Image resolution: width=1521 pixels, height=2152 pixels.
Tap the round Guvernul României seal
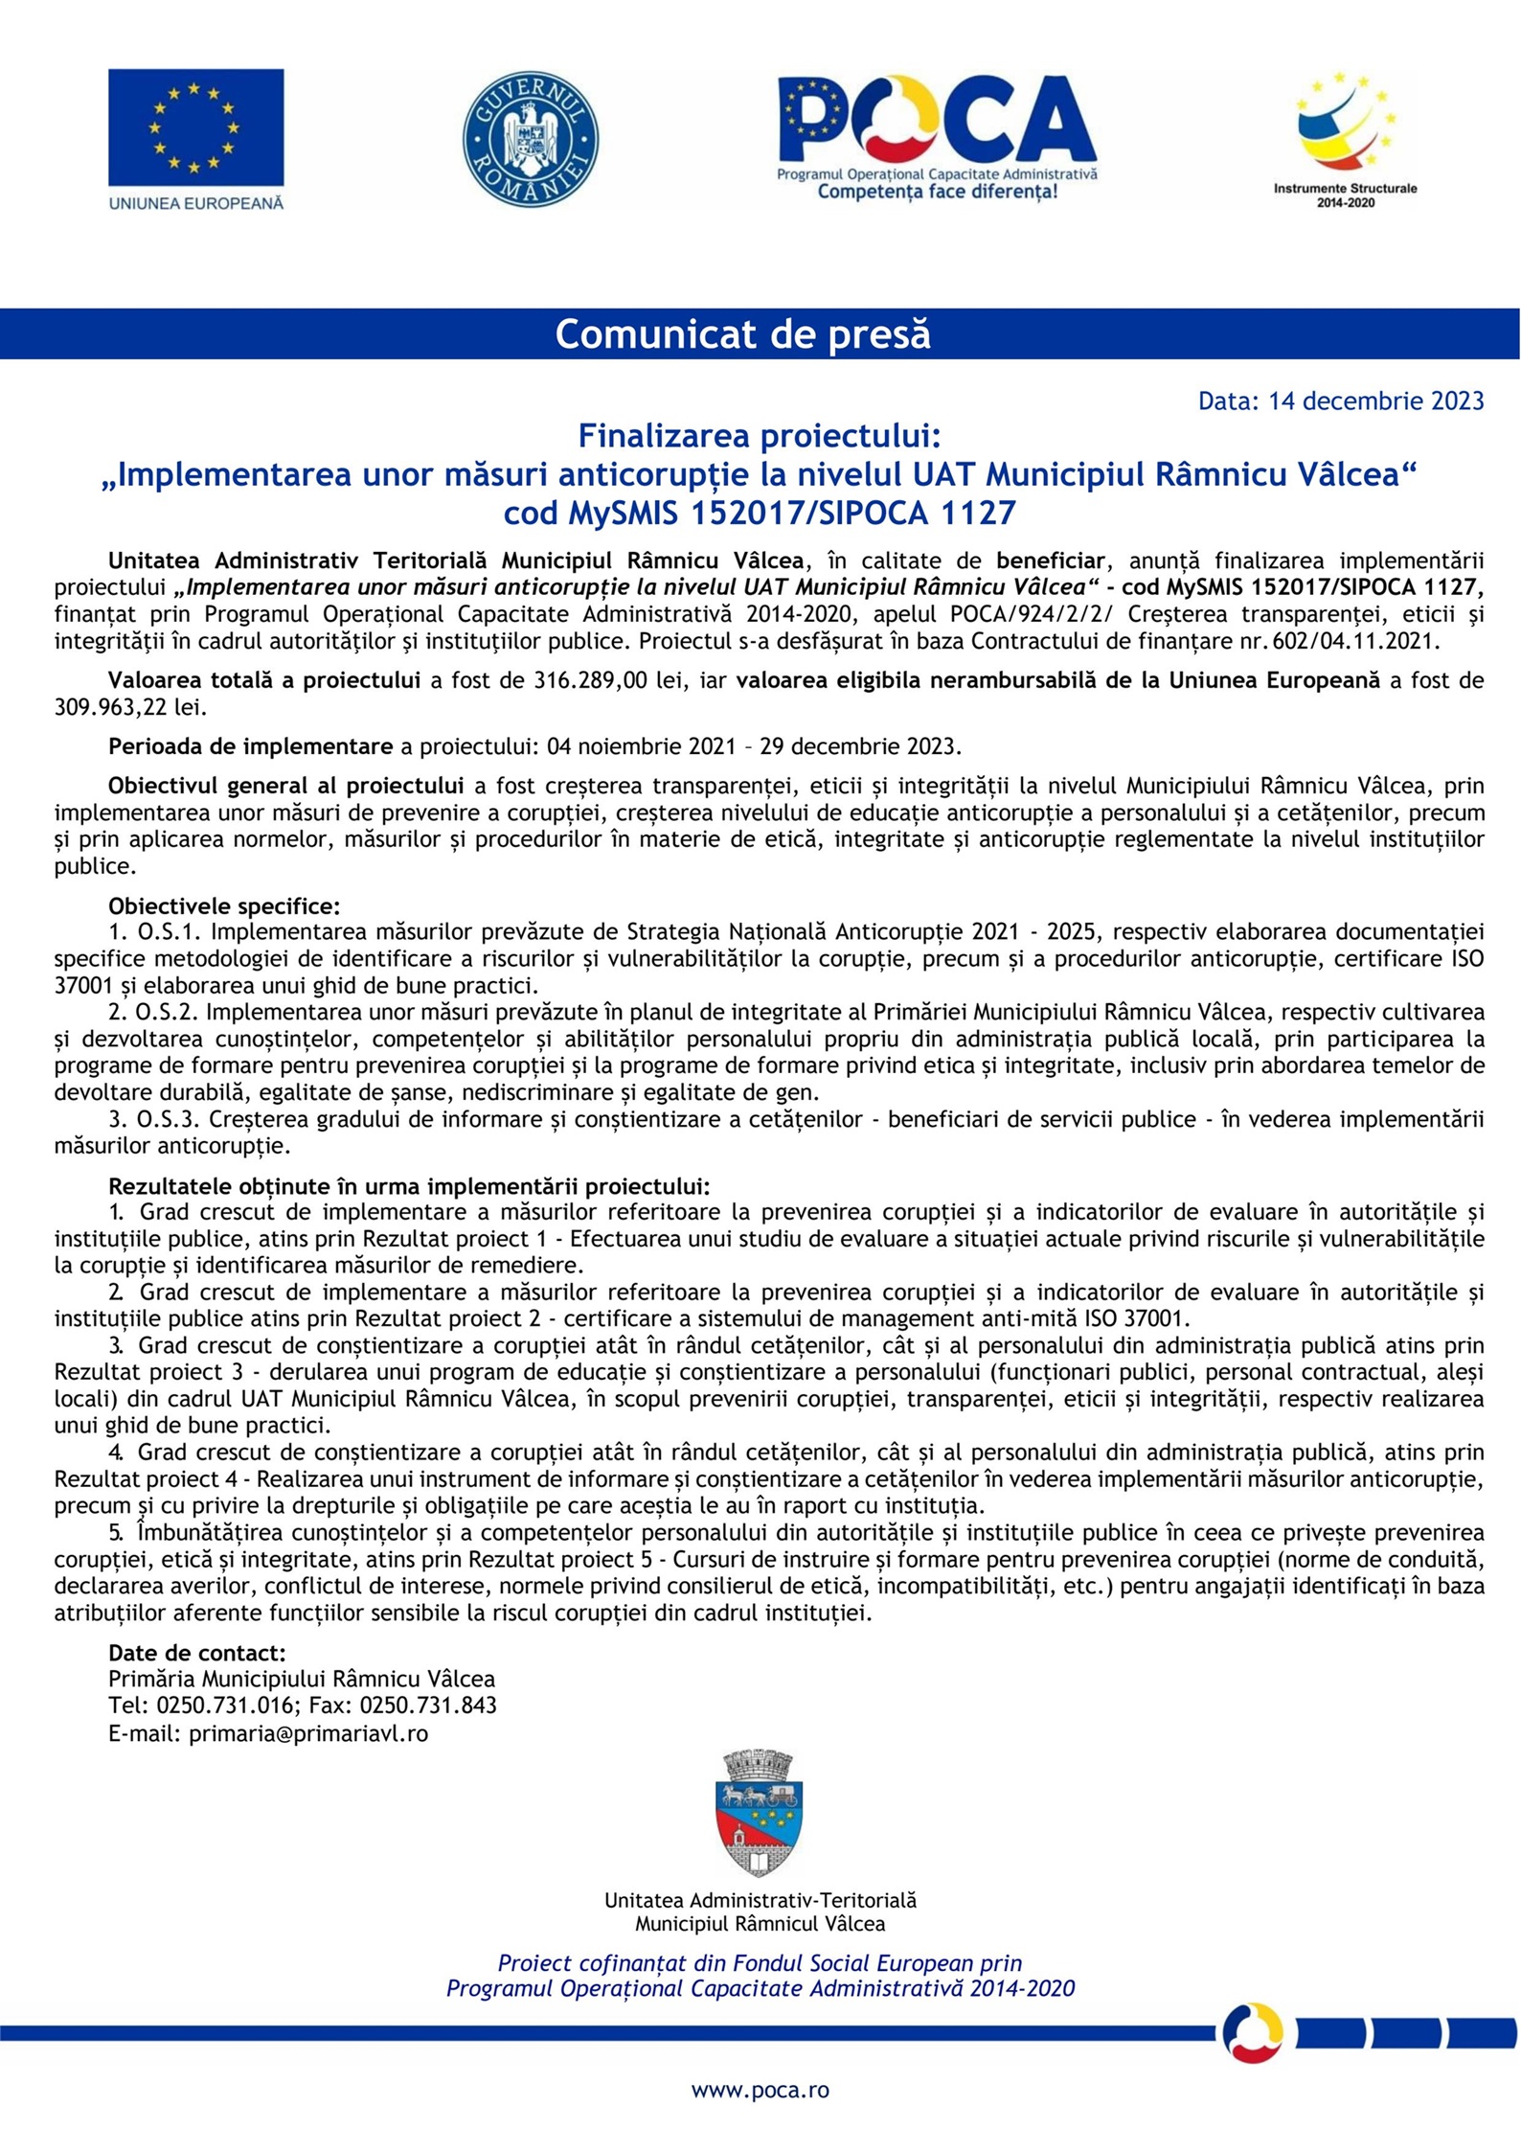[531, 138]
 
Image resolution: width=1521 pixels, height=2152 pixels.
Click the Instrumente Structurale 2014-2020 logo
[1345, 139]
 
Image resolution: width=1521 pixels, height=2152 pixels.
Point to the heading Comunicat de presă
[742, 334]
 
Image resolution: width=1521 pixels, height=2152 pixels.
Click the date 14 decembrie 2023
[1376, 401]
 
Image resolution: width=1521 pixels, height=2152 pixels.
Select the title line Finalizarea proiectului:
[760, 437]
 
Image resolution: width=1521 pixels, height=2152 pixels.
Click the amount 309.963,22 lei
[130, 707]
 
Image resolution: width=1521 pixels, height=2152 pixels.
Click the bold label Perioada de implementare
[250, 746]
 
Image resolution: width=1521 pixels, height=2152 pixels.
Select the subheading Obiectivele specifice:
[224, 905]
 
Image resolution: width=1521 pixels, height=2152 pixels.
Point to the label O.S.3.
[170, 1119]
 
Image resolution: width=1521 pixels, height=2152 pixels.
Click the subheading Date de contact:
[197, 1653]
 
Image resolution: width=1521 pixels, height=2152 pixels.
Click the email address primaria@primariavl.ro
[308, 1732]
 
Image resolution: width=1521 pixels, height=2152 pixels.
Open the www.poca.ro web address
[760, 2091]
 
